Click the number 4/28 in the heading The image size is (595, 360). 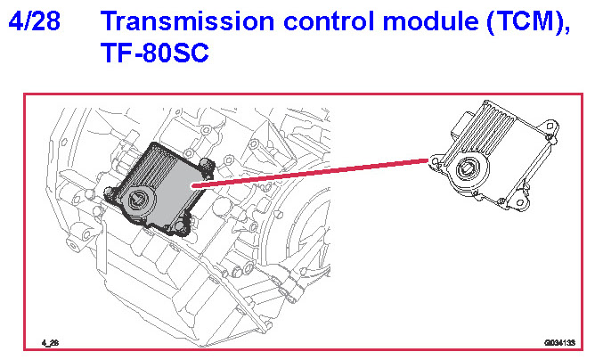click(35, 21)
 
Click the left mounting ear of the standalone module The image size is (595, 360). click(436, 161)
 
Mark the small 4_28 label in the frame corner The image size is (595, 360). click(49, 342)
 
